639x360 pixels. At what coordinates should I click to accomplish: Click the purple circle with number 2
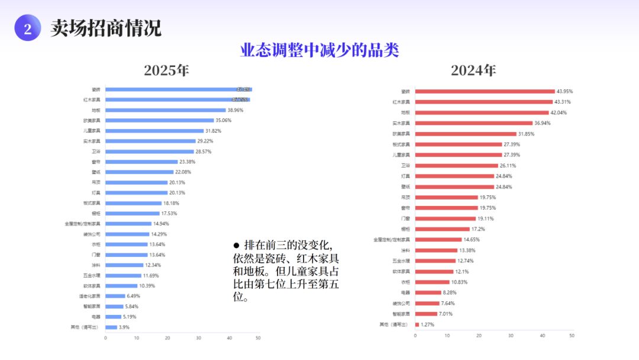(27, 28)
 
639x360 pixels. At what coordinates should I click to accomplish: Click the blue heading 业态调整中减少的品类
(319, 50)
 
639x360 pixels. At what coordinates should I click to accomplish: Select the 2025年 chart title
(166, 70)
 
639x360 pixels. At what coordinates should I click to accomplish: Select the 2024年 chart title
(473, 70)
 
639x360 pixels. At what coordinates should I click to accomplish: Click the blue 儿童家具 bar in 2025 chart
(154, 131)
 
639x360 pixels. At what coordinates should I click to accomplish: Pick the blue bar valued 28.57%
(150, 152)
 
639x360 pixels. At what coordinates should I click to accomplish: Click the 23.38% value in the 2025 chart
(188, 162)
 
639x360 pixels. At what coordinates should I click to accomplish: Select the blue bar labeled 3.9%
(111, 327)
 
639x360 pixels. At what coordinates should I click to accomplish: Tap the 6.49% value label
(134, 296)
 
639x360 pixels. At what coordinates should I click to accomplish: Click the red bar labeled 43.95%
(485, 91)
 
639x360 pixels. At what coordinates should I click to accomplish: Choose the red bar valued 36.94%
(474, 123)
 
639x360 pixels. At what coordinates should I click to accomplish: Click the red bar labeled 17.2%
(443, 229)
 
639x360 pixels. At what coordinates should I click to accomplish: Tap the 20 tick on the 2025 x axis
(167, 338)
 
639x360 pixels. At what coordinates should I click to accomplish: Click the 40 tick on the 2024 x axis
(541, 336)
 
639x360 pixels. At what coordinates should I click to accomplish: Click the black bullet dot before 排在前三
(236, 245)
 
